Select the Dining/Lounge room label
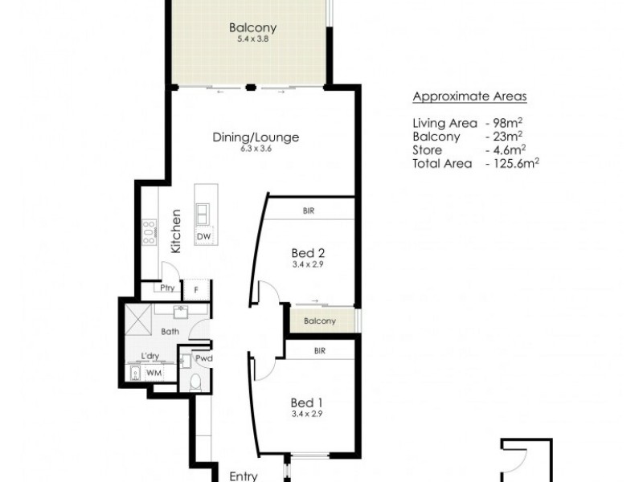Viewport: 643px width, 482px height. [256, 137]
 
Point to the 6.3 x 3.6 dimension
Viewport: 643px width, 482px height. [256, 149]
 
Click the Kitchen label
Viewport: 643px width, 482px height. [175, 231]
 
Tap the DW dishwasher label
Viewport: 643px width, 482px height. [204, 237]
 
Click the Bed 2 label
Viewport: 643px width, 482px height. [307, 252]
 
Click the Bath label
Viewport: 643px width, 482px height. [170, 331]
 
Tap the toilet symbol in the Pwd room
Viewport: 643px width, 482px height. [194, 382]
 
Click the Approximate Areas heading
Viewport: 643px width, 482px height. [469, 97]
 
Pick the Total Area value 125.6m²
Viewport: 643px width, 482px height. [512, 161]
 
